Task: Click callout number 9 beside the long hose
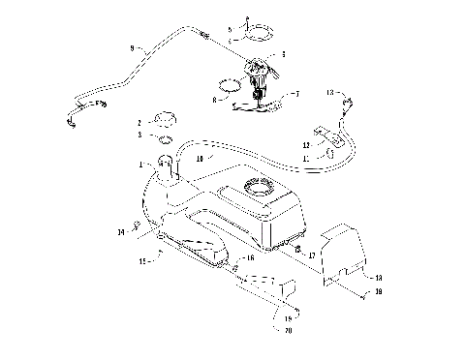pyautogui.click(x=133, y=47)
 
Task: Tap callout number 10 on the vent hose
pyautogui.click(x=199, y=156)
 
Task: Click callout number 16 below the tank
pyautogui.click(x=250, y=259)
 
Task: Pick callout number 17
pyautogui.click(x=311, y=256)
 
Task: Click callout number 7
pyautogui.click(x=295, y=94)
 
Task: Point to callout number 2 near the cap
pyautogui.click(x=139, y=123)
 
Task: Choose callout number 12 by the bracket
pyautogui.click(x=305, y=144)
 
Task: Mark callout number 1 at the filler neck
pyautogui.click(x=141, y=165)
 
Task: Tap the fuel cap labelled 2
pyautogui.click(x=164, y=119)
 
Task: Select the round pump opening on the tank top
pyautogui.click(x=259, y=186)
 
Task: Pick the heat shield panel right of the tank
pyautogui.click(x=345, y=250)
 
